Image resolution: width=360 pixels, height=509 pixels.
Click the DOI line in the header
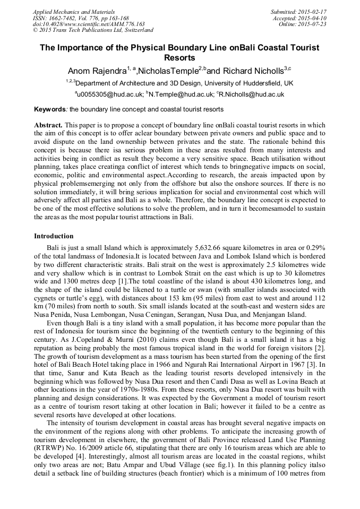click(89, 24)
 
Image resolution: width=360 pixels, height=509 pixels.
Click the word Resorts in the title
click(180, 57)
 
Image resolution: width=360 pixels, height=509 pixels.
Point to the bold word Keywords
click(50, 109)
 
